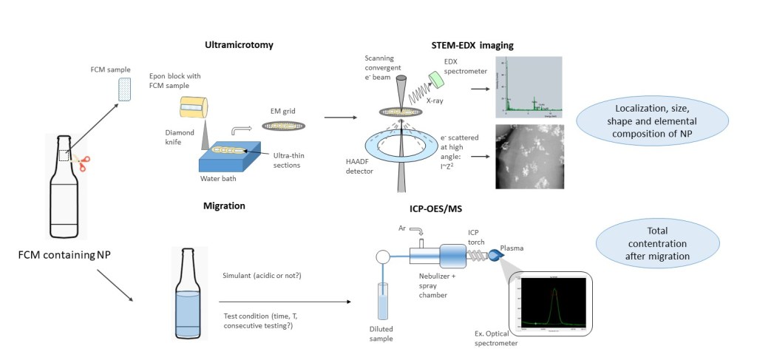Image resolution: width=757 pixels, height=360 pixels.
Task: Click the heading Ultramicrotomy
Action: pyautogui.click(x=239, y=45)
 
